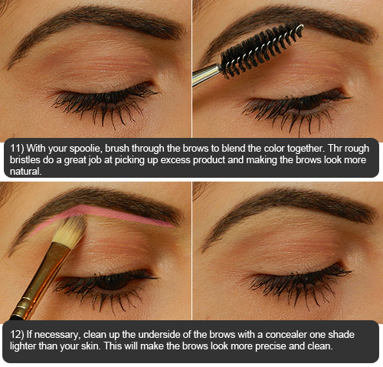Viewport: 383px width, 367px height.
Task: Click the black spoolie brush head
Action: click(261, 50)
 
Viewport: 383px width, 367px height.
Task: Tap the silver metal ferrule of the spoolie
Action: click(206, 74)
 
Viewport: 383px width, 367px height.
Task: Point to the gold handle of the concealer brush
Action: click(40, 281)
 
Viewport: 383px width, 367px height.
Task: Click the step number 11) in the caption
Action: click(18, 149)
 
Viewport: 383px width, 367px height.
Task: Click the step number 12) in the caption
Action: click(18, 335)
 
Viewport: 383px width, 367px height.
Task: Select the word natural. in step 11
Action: click(25, 171)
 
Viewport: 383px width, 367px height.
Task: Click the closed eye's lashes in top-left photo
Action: click(105, 103)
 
